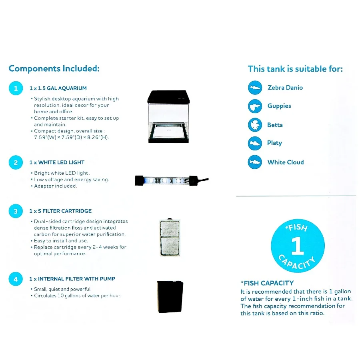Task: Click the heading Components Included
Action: click(x=54, y=68)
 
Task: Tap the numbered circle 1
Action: click(x=16, y=88)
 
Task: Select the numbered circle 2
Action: click(x=16, y=162)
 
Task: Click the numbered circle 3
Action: click(x=16, y=211)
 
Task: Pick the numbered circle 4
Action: click(x=16, y=279)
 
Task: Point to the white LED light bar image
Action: click(x=170, y=180)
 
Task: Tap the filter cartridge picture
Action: click(x=170, y=237)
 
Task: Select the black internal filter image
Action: click(x=170, y=297)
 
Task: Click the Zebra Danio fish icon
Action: click(x=255, y=88)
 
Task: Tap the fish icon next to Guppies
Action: click(x=255, y=106)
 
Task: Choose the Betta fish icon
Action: click(x=255, y=125)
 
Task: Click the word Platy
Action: click(x=274, y=143)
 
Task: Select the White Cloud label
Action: click(x=286, y=162)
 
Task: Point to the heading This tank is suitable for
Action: click(x=295, y=69)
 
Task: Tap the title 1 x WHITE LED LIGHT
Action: click(x=57, y=162)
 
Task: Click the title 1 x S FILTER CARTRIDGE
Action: click(x=60, y=211)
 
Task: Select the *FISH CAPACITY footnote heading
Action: click(x=267, y=283)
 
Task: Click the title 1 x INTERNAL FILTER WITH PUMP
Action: click(x=72, y=279)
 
